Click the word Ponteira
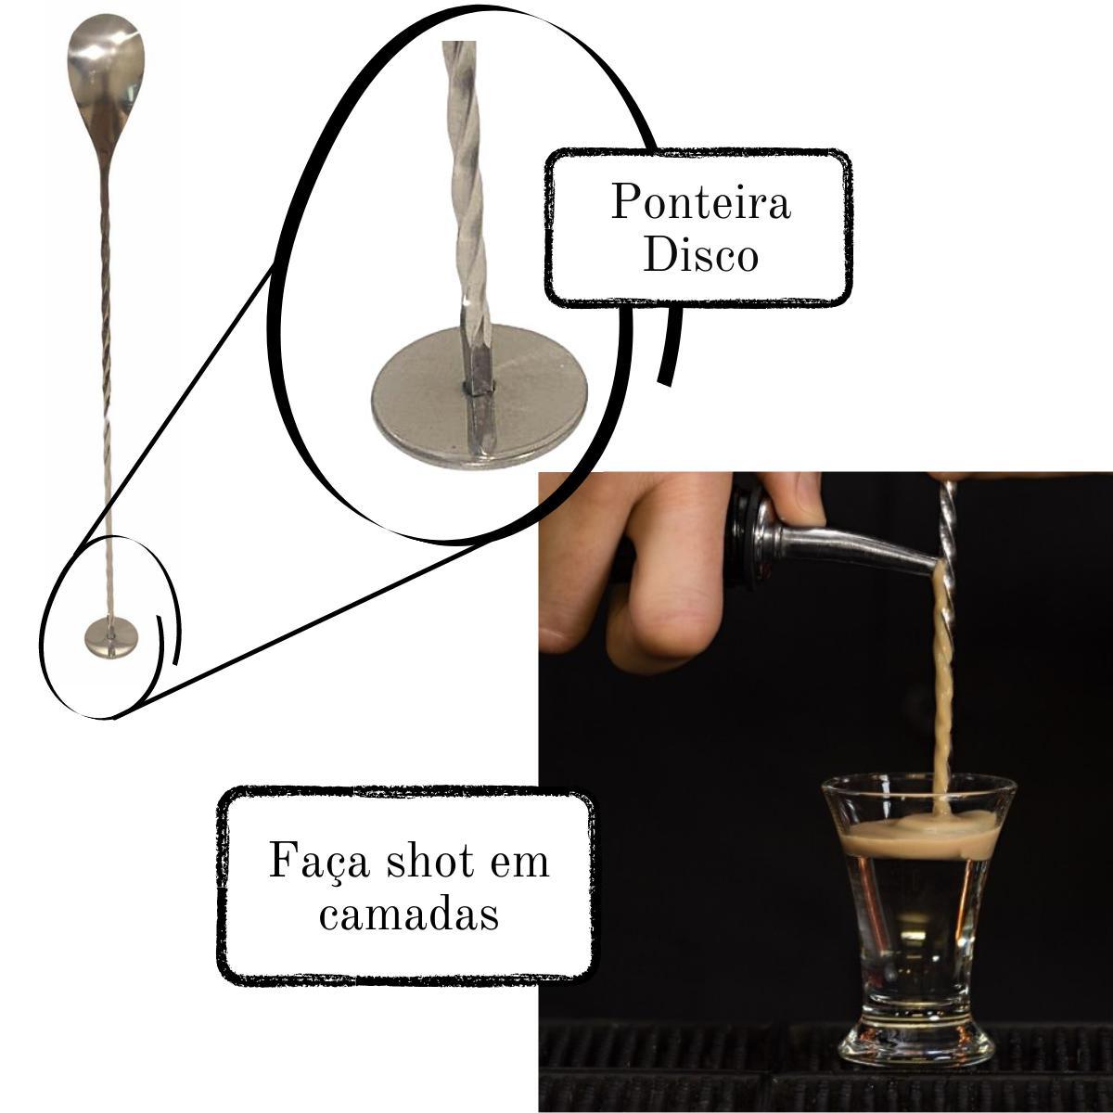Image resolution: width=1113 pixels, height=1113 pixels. pyautogui.click(x=700, y=202)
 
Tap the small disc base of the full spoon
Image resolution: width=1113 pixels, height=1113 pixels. pyautogui.click(x=111, y=637)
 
